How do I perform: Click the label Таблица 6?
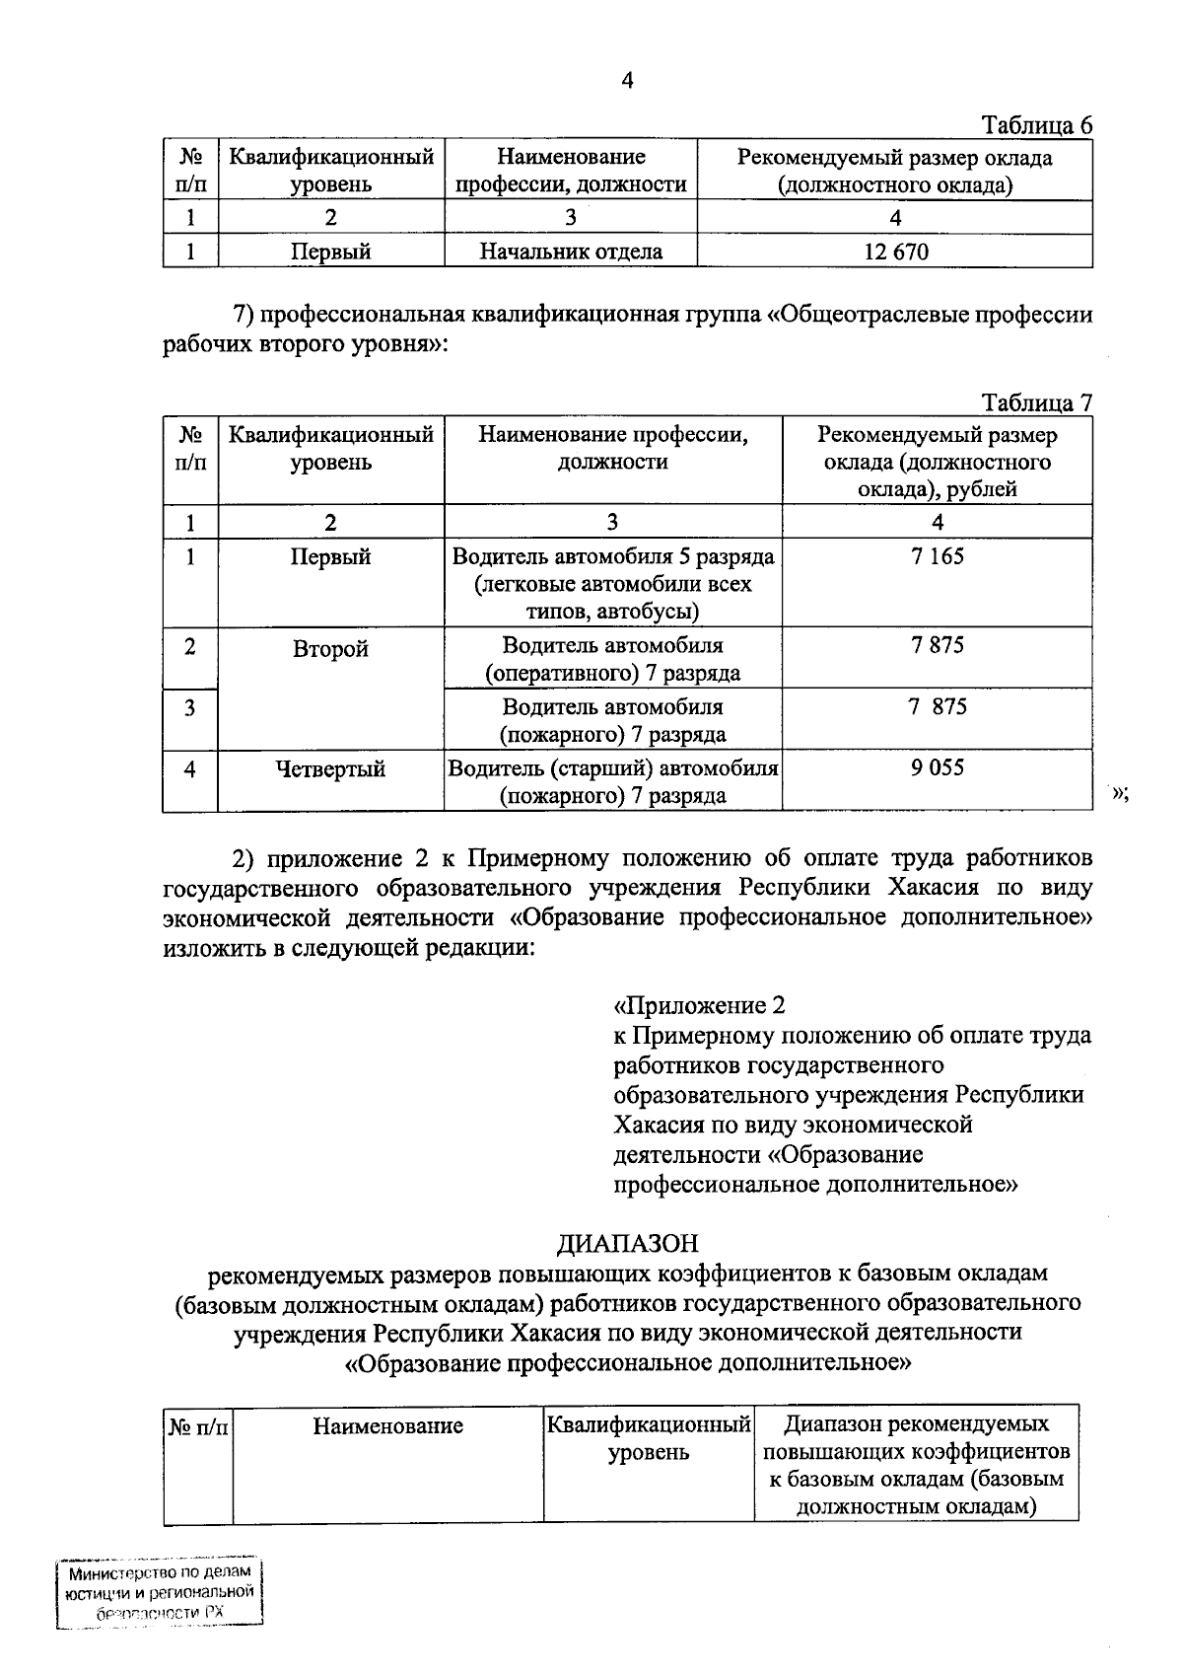click(x=1036, y=125)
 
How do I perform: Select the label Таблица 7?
click(x=1036, y=402)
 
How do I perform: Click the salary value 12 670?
click(x=895, y=252)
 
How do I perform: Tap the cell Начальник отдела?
click(x=571, y=252)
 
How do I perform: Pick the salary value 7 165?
click(x=938, y=556)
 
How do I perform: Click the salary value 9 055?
click(x=938, y=767)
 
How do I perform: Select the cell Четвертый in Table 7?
click(x=330, y=769)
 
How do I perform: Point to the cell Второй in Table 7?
click(x=330, y=650)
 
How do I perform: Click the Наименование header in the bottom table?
click(x=387, y=1425)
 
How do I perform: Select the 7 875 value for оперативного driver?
click(x=938, y=646)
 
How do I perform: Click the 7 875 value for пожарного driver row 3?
click(x=938, y=707)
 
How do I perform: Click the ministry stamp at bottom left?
click(x=160, y=1593)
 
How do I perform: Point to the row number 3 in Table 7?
click(x=189, y=707)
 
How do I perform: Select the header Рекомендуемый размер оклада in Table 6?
click(x=895, y=171)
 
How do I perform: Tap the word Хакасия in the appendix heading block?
click(x=658, y=1125)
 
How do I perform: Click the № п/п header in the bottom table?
click(x=197, y=1425)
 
